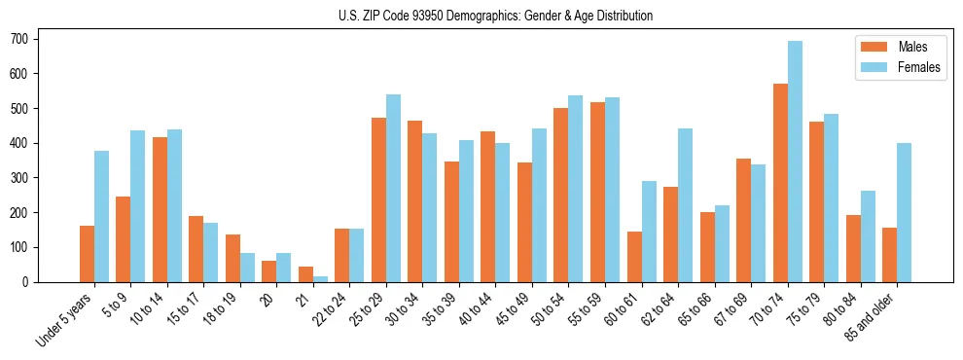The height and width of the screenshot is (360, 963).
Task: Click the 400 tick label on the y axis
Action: pyautogui.click(x=21, y=143)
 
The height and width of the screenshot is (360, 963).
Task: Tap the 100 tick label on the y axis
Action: pyautogui.click(x=21, y=247)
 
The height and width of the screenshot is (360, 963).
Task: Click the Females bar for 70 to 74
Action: pyautogui.click(x=795, y=162)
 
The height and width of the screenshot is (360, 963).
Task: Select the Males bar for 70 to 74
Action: pyautogui.click(x=780, y=183)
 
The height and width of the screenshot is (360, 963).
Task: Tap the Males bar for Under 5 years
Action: pyautogui.click(x=87, y=254)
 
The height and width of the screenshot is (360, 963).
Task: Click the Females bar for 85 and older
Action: pyautogui.click(x=904, y=212)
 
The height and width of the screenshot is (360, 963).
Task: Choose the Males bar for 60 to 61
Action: pyautogui.click(x=634, y=257)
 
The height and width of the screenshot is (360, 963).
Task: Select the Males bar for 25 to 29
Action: pyautogui.click(x=378, y=199)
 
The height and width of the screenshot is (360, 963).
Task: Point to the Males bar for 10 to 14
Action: pyautogui.click(x=160, y=209)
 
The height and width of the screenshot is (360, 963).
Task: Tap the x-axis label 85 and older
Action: pyautogui.click(x=875, y=317)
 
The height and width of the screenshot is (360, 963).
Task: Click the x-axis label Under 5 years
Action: pyautogui.click(x=65, y=320)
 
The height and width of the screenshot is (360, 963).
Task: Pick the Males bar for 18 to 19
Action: pyautogui.click(x=232, y=258)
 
